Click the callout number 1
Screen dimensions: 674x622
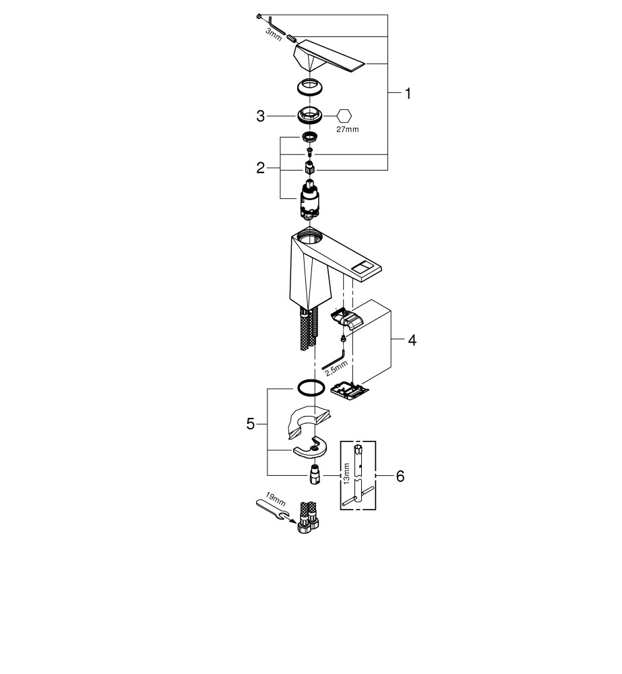[406, 94]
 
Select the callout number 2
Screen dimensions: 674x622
[260, 168]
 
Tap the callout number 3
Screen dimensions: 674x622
[260, 116]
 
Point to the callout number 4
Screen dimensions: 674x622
[411, 340]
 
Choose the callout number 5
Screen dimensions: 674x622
[251, 424]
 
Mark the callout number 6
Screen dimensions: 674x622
[400, 476]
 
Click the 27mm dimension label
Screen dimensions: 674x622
[348, 129]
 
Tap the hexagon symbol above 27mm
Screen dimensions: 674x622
[344, 115]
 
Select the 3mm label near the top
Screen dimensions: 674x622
[273, 35]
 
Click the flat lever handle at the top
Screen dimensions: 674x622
[330, 57]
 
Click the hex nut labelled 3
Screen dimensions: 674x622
[310, 115]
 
